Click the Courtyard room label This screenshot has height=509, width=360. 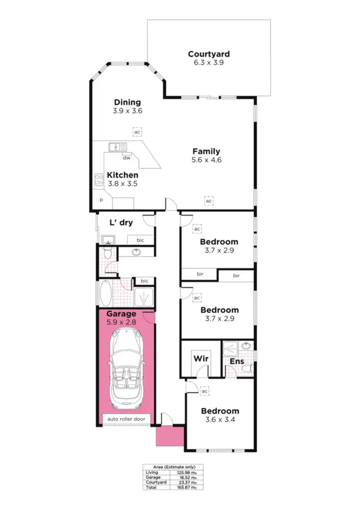208,54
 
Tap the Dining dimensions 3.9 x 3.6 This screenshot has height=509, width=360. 127,111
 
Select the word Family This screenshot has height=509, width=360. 207,151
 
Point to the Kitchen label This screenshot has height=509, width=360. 122,175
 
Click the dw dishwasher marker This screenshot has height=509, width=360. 127,158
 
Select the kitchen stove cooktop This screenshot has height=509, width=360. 99,180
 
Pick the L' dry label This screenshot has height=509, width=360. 120,223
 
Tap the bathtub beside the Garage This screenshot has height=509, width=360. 104,293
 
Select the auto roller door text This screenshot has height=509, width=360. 126,419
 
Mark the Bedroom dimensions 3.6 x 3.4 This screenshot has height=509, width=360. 219,420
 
